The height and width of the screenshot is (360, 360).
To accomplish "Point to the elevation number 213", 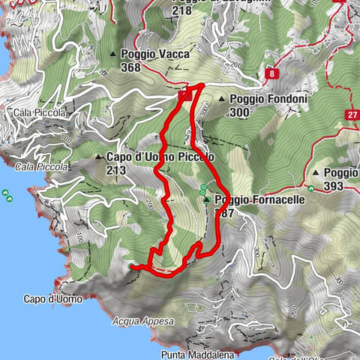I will tap(117, 170).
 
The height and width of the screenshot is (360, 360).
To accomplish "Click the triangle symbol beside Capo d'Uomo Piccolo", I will tap(99, 157).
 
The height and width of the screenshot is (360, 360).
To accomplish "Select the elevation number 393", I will tap(334, 186).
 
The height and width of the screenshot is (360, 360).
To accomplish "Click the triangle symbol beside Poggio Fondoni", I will tap(222, 99).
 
